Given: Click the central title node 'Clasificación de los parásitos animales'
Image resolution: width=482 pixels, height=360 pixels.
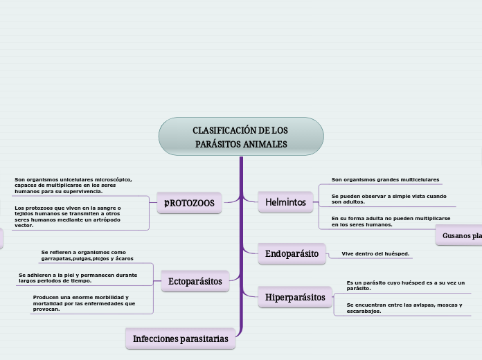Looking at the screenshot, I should pyautogui.click(x=241, y=136).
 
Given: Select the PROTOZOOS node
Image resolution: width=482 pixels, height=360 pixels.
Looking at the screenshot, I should pyautogui.click(x=189, y=203).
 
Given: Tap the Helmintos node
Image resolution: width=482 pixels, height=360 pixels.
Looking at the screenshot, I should pyautogui.click(x=285, y=202).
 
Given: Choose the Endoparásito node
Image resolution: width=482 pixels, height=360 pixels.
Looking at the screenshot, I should pyautogui.click(x=292, y=254).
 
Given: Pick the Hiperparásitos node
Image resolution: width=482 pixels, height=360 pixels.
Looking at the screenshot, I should pyautogui.click(x=295, y=297).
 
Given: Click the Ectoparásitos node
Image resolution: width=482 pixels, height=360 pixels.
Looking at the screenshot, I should pyautogui.click(x=195, y=281).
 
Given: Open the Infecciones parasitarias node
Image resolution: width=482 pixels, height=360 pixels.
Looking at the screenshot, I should pyautogui.click(x=180, y=339).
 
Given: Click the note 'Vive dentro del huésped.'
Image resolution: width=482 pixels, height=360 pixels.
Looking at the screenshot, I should pyautogui.click(x=375, y=254).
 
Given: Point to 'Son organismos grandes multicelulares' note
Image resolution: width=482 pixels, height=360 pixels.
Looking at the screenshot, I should pyautogui.click(x=385, y=179).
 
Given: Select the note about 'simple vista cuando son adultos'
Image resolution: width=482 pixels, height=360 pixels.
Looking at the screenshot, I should pyautogui.click(x=389, y=199).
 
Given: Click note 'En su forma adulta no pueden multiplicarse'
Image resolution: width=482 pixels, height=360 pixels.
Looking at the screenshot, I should pyautogui.click(x=391, y=221).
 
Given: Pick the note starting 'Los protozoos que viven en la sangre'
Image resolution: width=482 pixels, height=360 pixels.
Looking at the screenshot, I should pyautogui.click(x=67, y=216).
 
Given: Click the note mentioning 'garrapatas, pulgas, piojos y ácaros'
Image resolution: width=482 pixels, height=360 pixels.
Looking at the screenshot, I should pyautogui.click(x=87, y=255).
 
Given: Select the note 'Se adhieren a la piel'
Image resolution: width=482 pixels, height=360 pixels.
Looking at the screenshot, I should pyautogui.click(x=78, y=278).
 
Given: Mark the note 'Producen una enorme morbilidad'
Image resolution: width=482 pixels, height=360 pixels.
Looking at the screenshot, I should pyautogui.click(x=84, y=303).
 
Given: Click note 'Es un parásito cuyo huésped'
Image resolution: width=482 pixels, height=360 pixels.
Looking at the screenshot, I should pyautogui.click(x=405, y=285).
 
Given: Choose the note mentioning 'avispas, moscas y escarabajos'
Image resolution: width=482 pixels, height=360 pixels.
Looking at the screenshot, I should pyautogui.click(x=404, y=307).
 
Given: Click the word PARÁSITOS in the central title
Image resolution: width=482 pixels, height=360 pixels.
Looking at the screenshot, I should pyautogui.click(x=216, y=144).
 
